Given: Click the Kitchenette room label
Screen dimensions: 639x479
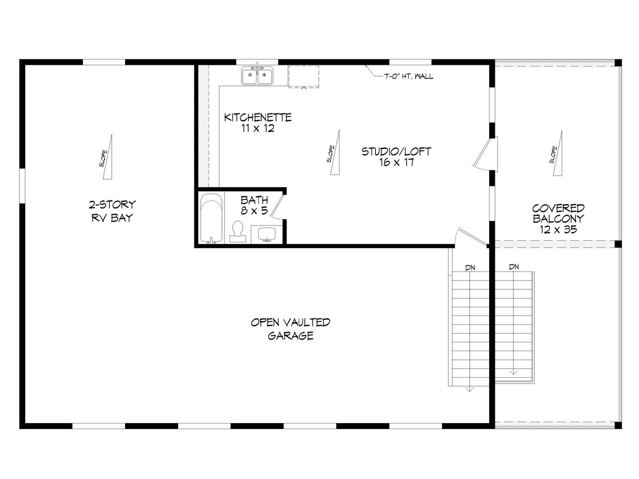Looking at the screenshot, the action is pos(258,123).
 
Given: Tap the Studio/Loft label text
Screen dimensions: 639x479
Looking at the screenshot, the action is pos(396,157).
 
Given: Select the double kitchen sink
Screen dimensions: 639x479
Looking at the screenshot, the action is pos(257,76).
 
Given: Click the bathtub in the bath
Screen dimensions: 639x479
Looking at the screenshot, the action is pos(212,218).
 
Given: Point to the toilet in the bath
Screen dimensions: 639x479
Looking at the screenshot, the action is pos(238,232).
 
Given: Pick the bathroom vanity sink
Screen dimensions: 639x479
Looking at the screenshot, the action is pos(267,234).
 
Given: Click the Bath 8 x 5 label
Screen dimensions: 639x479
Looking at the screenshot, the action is pos(254,205).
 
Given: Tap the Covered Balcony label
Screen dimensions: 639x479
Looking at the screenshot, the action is pos(558,219).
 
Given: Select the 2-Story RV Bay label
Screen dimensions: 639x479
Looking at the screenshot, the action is pos(112,211).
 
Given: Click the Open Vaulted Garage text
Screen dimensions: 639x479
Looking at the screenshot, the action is pos(290,329).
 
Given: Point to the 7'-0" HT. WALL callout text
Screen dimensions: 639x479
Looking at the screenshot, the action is pos(409,77).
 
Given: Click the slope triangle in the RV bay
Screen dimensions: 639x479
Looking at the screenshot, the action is pos(108,157).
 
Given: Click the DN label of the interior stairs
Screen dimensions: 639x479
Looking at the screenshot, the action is pos(470,268).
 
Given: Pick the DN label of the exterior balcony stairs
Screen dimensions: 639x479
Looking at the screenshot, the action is pos(514,267).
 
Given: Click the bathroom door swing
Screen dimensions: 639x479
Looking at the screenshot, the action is pos(278,207).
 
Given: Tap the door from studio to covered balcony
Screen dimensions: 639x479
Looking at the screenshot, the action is pos(483,154).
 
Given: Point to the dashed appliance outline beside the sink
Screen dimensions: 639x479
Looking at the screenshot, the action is pos(304,77).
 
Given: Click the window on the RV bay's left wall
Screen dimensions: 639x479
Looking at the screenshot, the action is pos(22,186).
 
